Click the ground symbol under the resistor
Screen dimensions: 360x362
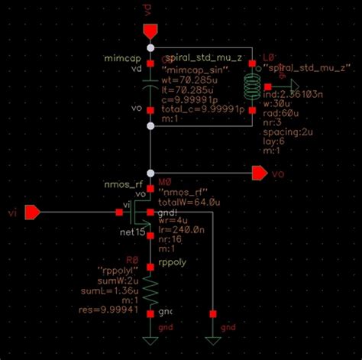[x=150, y=340]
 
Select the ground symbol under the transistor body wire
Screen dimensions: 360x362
[x=212, y=340]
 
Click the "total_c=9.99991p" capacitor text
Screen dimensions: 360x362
[x=202, y=109]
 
